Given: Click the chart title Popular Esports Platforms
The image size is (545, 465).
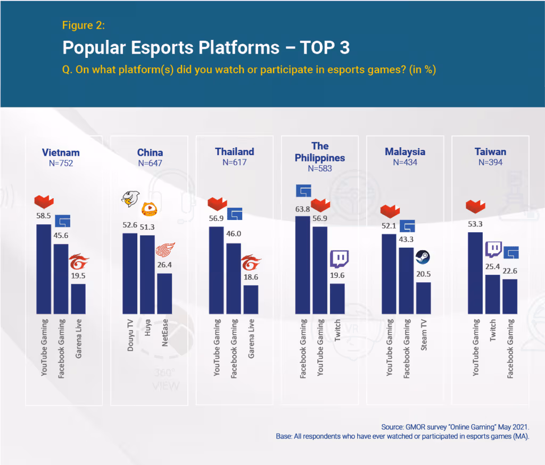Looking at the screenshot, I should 206,47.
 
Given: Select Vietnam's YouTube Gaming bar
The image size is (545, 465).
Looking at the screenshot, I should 44,268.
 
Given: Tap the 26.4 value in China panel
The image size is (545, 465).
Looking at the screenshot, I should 164,266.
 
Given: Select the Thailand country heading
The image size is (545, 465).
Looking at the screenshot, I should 234,152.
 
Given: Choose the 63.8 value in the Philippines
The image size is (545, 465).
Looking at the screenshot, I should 302,209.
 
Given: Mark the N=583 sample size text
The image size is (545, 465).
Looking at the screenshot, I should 320,168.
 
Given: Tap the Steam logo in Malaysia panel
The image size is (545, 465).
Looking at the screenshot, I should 423,257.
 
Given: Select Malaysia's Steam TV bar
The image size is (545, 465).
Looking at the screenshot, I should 424,298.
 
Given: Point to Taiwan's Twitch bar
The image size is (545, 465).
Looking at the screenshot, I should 492,294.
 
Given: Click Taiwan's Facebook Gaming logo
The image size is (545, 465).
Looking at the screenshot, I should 510,252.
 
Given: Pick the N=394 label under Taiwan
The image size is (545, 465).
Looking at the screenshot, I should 490,163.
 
